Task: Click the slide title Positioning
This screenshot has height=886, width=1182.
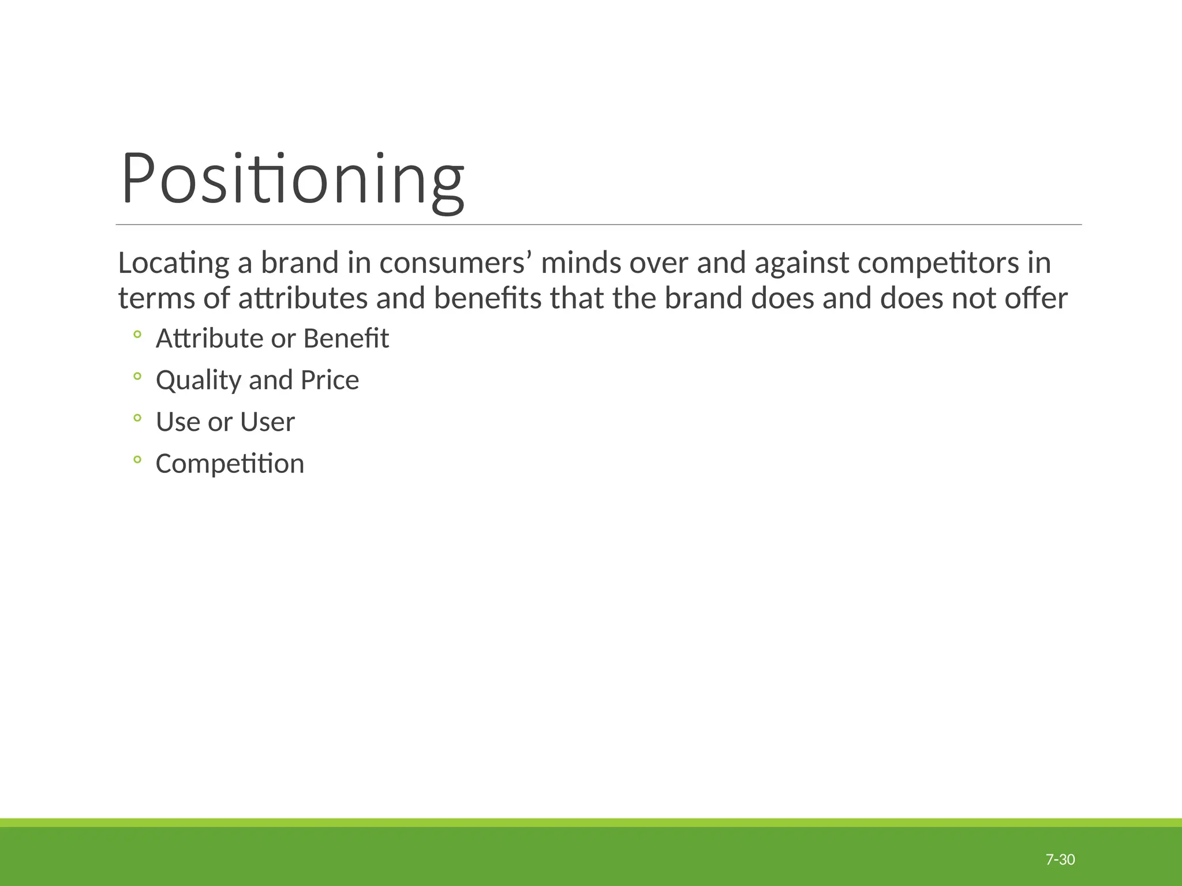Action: point(292,178)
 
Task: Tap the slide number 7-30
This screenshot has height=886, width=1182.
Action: point(1060,859)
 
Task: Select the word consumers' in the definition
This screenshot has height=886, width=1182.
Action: point(455,263)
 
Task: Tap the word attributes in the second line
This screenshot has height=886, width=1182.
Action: point(303,298)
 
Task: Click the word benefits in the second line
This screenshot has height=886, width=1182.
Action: point(488,298)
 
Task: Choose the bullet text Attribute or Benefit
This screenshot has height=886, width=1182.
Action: point(272,338)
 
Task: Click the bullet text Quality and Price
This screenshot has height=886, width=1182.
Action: point(257,380)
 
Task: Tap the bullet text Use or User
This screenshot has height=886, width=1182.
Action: point(225,422)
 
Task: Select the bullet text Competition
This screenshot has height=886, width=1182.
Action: point(230,464)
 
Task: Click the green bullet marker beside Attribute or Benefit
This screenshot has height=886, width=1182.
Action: point(137,334)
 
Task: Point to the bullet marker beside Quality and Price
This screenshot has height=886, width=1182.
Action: point(137,376)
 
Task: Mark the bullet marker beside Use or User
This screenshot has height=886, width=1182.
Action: point(137,418)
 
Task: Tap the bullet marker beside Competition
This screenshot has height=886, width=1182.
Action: point(137,460)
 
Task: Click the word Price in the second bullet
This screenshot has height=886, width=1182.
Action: point(330,380)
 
